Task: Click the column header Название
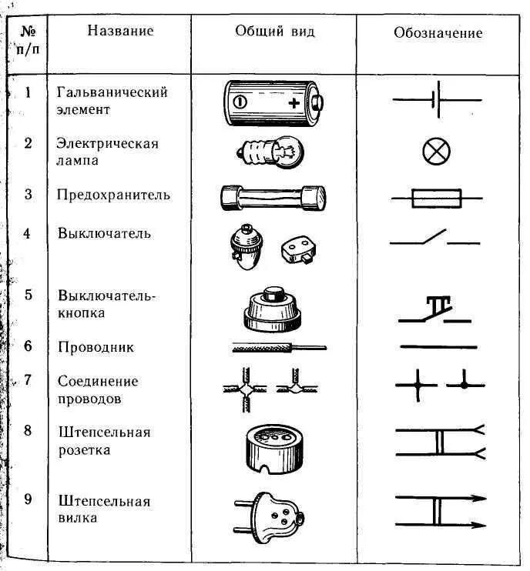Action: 120,32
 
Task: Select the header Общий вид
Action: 275,32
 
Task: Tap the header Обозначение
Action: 438,33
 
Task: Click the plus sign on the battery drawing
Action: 294,102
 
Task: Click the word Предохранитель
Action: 113,195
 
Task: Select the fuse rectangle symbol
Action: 438,199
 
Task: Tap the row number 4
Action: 28,232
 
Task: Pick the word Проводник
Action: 96,347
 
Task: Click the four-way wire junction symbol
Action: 406,382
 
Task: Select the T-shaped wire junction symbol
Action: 464,382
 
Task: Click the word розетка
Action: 82,449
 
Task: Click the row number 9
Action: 28,500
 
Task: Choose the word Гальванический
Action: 112,92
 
